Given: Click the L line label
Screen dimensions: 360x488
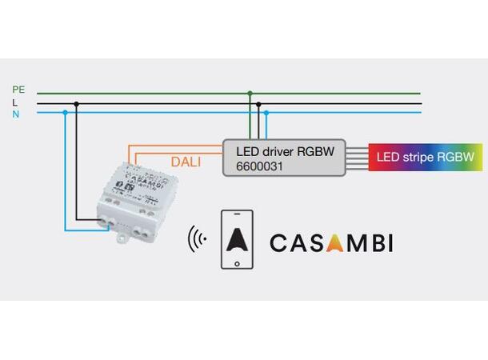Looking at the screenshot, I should (x=14, y=102).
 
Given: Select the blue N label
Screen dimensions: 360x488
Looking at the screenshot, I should (x=15, y=114).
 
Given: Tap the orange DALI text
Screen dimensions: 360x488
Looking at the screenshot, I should (x=186, y=162).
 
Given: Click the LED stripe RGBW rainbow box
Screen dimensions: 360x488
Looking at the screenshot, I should (x=426, y=158).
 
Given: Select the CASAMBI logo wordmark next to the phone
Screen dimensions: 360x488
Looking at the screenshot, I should (x=331, y=242).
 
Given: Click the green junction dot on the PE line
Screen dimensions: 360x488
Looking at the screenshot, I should (x=250, y=93).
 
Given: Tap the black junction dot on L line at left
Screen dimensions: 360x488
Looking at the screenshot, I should (x=77, y=103).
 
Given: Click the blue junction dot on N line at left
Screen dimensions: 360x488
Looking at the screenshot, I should (x=64, y=114).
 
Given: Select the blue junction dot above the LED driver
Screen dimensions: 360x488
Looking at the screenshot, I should (x=266, y=114).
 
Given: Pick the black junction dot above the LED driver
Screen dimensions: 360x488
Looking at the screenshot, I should (x=258, y=103).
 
